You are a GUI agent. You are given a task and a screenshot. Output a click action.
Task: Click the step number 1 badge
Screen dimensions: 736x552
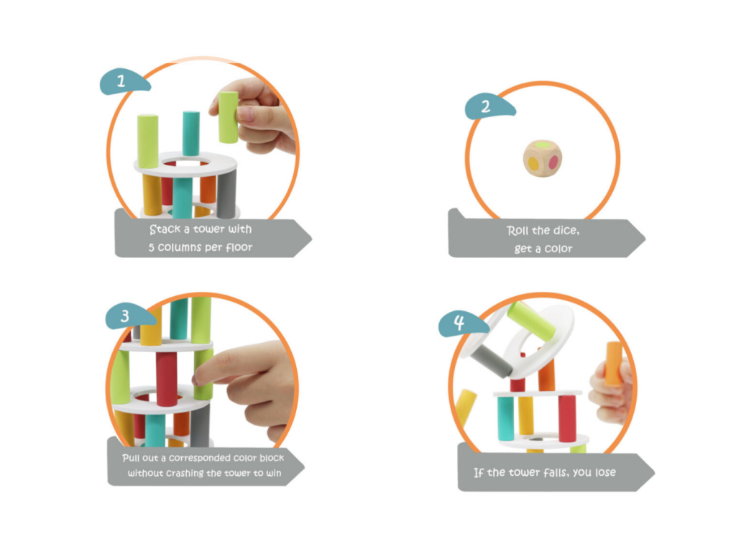(x=124, y=82)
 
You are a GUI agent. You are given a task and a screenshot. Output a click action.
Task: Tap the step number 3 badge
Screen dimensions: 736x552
(x=129, y=316)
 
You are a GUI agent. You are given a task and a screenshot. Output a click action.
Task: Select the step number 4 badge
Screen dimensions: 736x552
(x=462, y=323)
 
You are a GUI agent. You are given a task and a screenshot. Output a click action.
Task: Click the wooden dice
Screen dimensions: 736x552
(x=543, y=159)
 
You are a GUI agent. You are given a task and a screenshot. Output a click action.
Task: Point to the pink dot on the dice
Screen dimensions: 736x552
(x=553, y=162)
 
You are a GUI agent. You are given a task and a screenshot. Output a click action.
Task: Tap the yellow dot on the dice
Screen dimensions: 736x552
(x=534, y=163)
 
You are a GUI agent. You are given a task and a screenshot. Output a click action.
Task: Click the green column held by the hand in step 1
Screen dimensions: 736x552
(x=229, y=117)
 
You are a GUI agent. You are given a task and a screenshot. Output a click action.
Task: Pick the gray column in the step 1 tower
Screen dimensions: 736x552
(x=226, y=194)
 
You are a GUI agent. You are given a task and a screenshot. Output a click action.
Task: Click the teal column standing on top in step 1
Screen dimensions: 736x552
(x=191, y=133)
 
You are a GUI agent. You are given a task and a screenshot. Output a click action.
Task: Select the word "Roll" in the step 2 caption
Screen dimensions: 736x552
(x=517, y=231)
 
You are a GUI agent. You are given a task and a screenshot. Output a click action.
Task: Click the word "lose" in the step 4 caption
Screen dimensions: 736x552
(x=605, y=472)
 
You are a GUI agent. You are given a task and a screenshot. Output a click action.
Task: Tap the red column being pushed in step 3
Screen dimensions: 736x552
(x=167, y=379)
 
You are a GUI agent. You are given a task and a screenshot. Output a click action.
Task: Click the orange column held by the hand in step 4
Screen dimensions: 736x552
(x=614, y=364)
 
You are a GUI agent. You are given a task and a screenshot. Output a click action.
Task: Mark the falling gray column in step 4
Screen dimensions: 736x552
(x=490, y=362)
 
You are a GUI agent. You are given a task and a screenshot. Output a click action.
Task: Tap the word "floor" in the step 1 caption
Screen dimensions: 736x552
(x=239, y=247)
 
